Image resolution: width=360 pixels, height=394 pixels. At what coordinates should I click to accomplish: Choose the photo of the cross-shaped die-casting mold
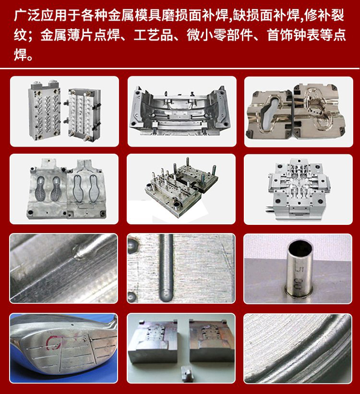click(298, 189)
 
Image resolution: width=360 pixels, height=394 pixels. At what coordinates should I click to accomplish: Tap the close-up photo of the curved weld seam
click(298, 348)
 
